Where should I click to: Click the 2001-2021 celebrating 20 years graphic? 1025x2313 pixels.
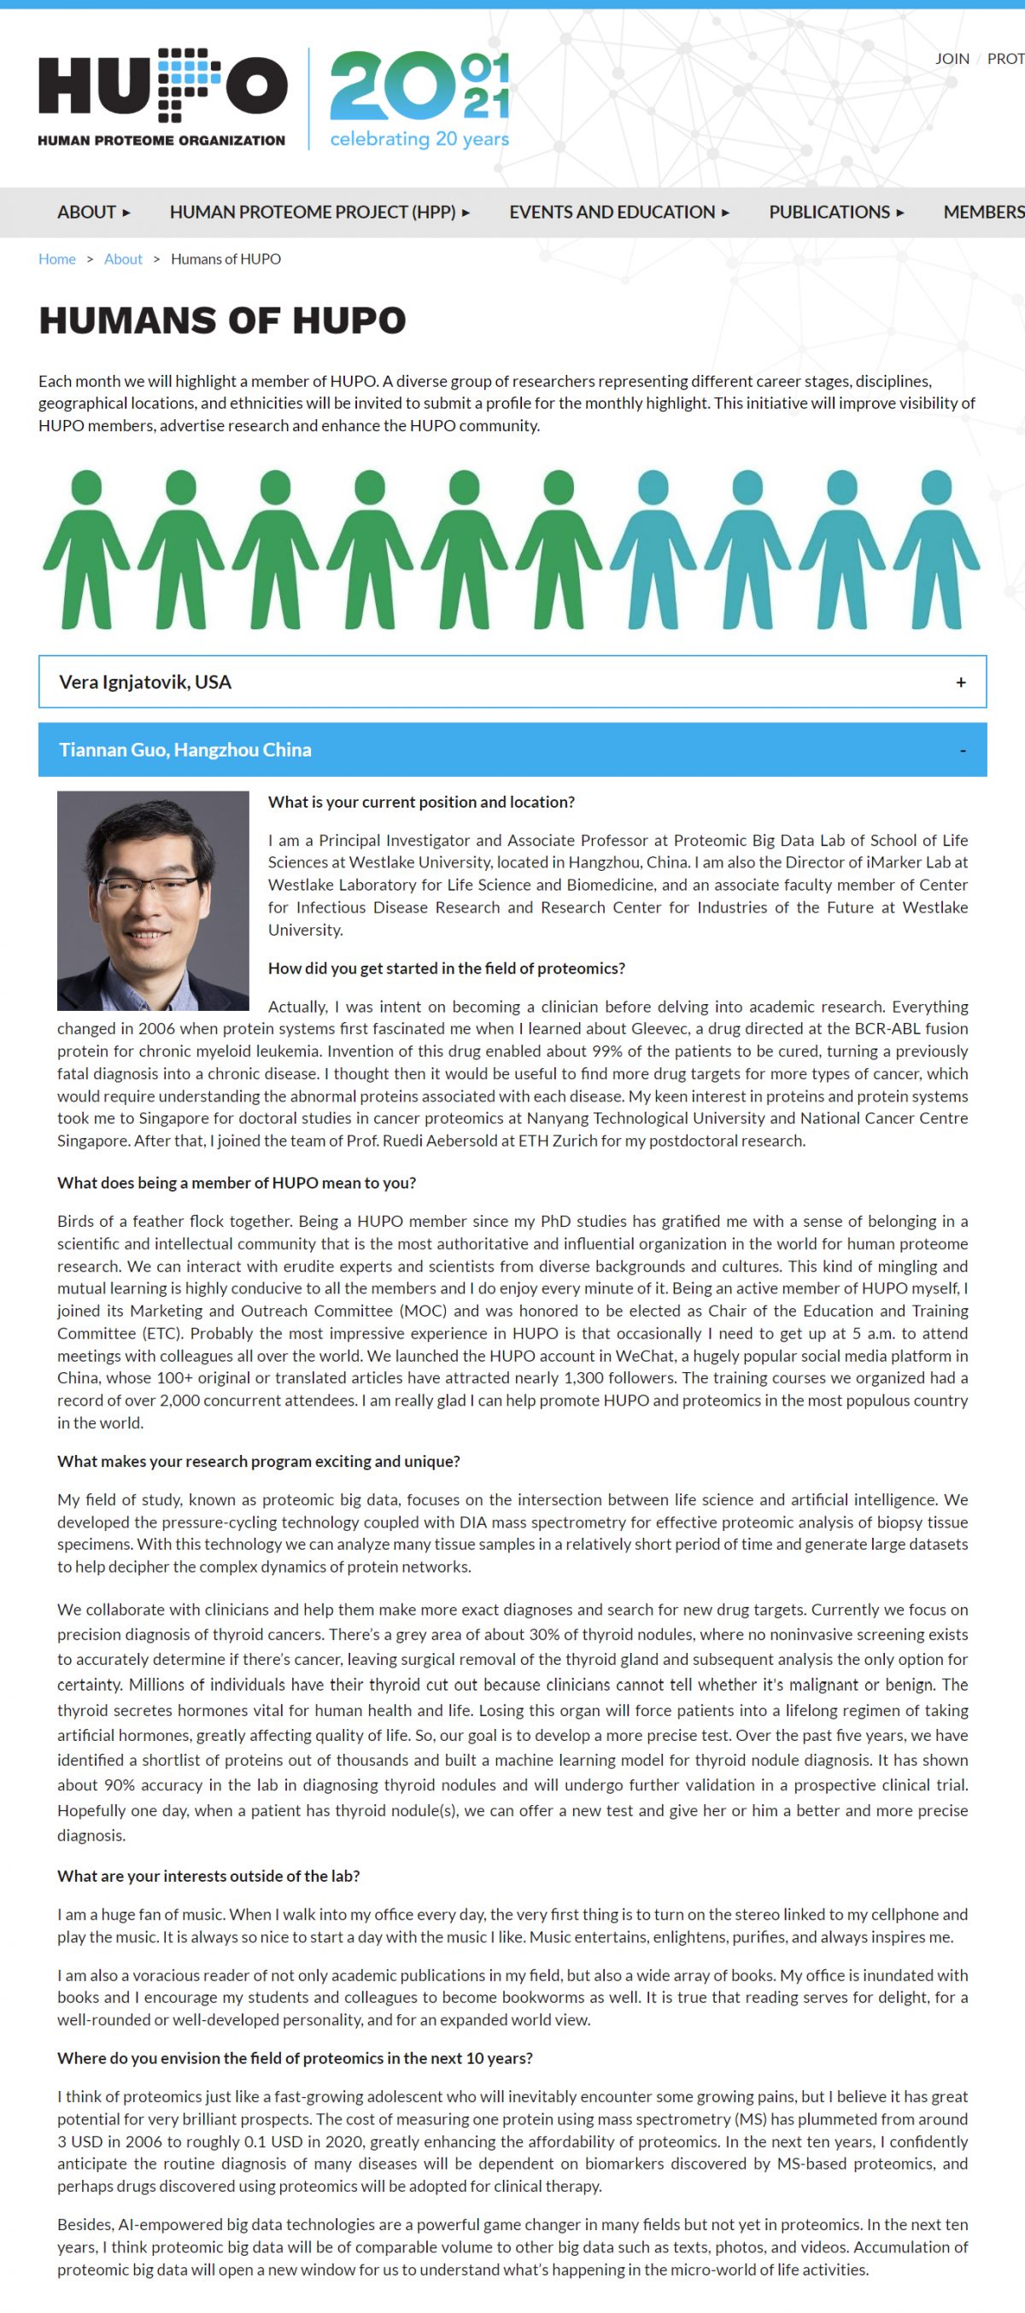tap(419, 99)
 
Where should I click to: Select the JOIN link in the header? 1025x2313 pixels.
tap(952, 58)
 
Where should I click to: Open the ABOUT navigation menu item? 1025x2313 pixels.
tap(93, 212)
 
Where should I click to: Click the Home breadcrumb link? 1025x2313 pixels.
tap(56, 259)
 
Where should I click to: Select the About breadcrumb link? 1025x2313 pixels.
tap(123, 259)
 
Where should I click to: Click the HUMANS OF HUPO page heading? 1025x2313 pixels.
tap(222, 320)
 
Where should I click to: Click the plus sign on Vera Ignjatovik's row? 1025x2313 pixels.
tap(960, 682)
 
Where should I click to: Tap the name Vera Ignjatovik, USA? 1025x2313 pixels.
tap(144, 682)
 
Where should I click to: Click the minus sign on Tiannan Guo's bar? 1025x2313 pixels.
tap(962, 751)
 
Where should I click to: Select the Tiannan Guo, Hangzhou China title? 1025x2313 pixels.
tap(185, 750)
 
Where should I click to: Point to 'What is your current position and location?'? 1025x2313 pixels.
tap(420, 802)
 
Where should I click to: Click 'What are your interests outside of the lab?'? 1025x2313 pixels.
tap(208, 1876)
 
